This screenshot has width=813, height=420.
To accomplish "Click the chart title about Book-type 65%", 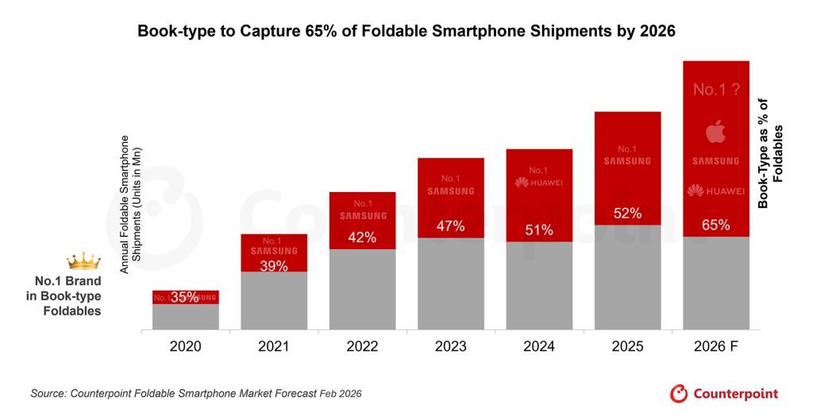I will tap(406, 32).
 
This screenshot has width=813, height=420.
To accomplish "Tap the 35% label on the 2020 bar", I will tap(184, 298).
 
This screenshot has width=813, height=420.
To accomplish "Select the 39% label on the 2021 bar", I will tap(273, 266).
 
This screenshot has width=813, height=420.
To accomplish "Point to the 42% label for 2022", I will tap(362, 237).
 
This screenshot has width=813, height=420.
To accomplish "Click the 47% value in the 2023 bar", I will tap(450, 225).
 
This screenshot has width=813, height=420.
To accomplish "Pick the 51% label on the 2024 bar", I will tap(538, 230).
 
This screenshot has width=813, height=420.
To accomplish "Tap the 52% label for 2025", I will tap(627, 214).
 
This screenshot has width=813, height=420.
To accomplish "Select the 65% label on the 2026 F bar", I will tap(715, 225).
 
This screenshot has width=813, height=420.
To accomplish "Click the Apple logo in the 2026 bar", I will tap(715, 132).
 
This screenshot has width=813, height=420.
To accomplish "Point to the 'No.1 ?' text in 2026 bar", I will tap(715, 90).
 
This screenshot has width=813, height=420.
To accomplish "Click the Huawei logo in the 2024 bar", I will tap(538, 183).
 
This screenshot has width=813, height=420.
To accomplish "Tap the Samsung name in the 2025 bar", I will tap(627, 161).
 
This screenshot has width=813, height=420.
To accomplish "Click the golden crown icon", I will tap(83, 260).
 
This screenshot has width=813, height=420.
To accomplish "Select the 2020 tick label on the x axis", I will tap(185, 346).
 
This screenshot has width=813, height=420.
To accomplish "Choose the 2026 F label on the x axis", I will tap(715, 346).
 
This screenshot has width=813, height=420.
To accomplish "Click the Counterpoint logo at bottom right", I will tap(724, 393).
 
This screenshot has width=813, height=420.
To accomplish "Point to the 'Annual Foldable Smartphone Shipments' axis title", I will tap(129, 205).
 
